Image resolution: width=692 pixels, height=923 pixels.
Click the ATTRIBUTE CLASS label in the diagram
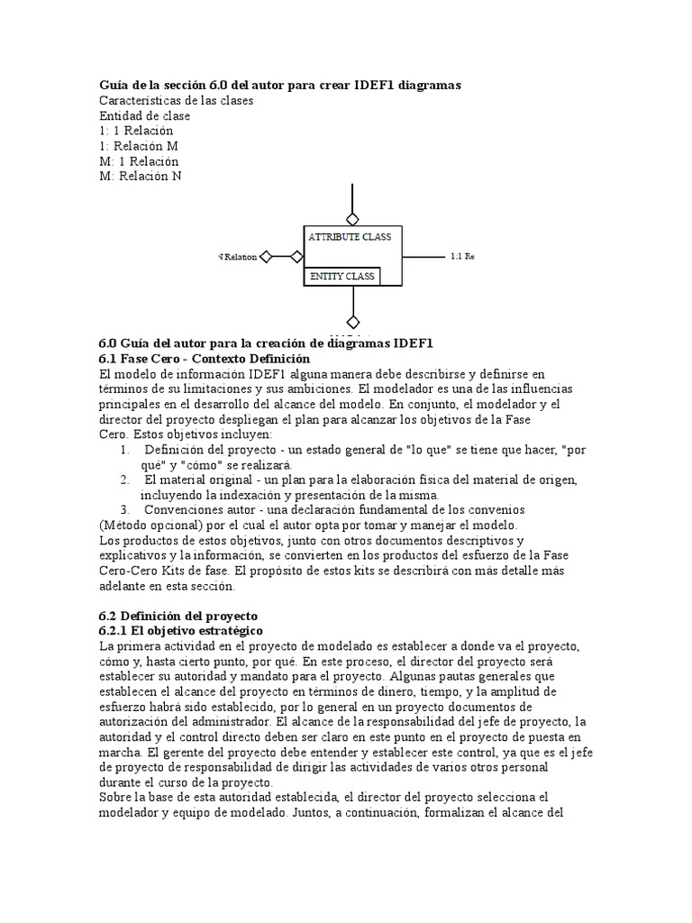tap(350, 237)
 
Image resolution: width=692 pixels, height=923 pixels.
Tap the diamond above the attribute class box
tap(352, 218)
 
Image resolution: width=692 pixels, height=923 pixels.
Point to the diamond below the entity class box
tap(352, 322)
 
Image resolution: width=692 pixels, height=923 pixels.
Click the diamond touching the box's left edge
tap(296, 258)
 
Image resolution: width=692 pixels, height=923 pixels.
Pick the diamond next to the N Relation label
tap(266, 258)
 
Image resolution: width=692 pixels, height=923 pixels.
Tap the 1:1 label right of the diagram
tap(460, 257)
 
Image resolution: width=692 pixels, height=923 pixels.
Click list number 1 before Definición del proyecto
tap(124, 449)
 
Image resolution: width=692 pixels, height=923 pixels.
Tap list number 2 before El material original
tap(124, 479)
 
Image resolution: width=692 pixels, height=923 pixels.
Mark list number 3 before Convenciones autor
tap(124, 509)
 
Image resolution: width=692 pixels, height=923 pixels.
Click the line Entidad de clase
tap(144, 116)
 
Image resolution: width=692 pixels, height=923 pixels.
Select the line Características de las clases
tap(176, 101)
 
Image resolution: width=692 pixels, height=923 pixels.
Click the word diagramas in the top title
tap(424, 85)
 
